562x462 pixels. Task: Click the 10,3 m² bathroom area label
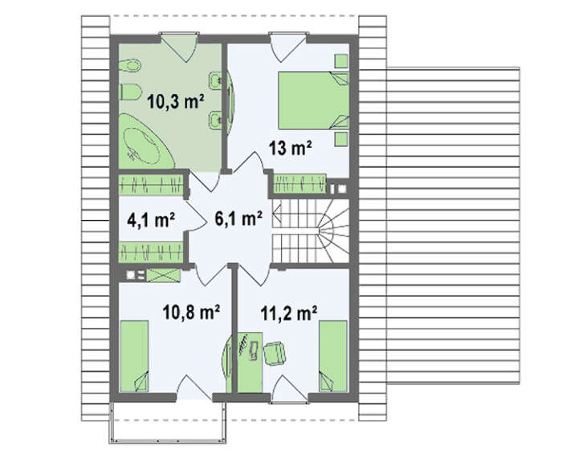tap(176, 101)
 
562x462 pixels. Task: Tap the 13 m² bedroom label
tap(291, 147)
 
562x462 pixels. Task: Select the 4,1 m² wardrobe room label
tap(151, 219)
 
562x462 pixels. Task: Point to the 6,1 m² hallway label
tap(238, 218)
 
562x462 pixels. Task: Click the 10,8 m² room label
tap(191, 312)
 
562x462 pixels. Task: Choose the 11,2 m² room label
tap(289, 313)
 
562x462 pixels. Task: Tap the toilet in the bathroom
tap(130, 92)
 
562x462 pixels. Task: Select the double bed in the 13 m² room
tap(314, 100)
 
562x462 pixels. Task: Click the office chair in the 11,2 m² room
tap(275, 353)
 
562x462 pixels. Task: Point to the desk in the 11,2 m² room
tap(250, 362)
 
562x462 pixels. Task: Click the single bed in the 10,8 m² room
tap(134, 356)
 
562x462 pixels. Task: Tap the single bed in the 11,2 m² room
tap(333, 356)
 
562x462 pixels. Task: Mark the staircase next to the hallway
tap(311, 231)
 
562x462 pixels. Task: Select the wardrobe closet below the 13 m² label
tap(300, 184)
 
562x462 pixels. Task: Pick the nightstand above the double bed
tap(341, 61)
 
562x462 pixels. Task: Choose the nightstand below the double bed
tap(341, 140)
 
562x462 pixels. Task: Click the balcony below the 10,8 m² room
tap(168, 423)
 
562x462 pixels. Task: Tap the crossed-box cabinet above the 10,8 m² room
tap(164, 276)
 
